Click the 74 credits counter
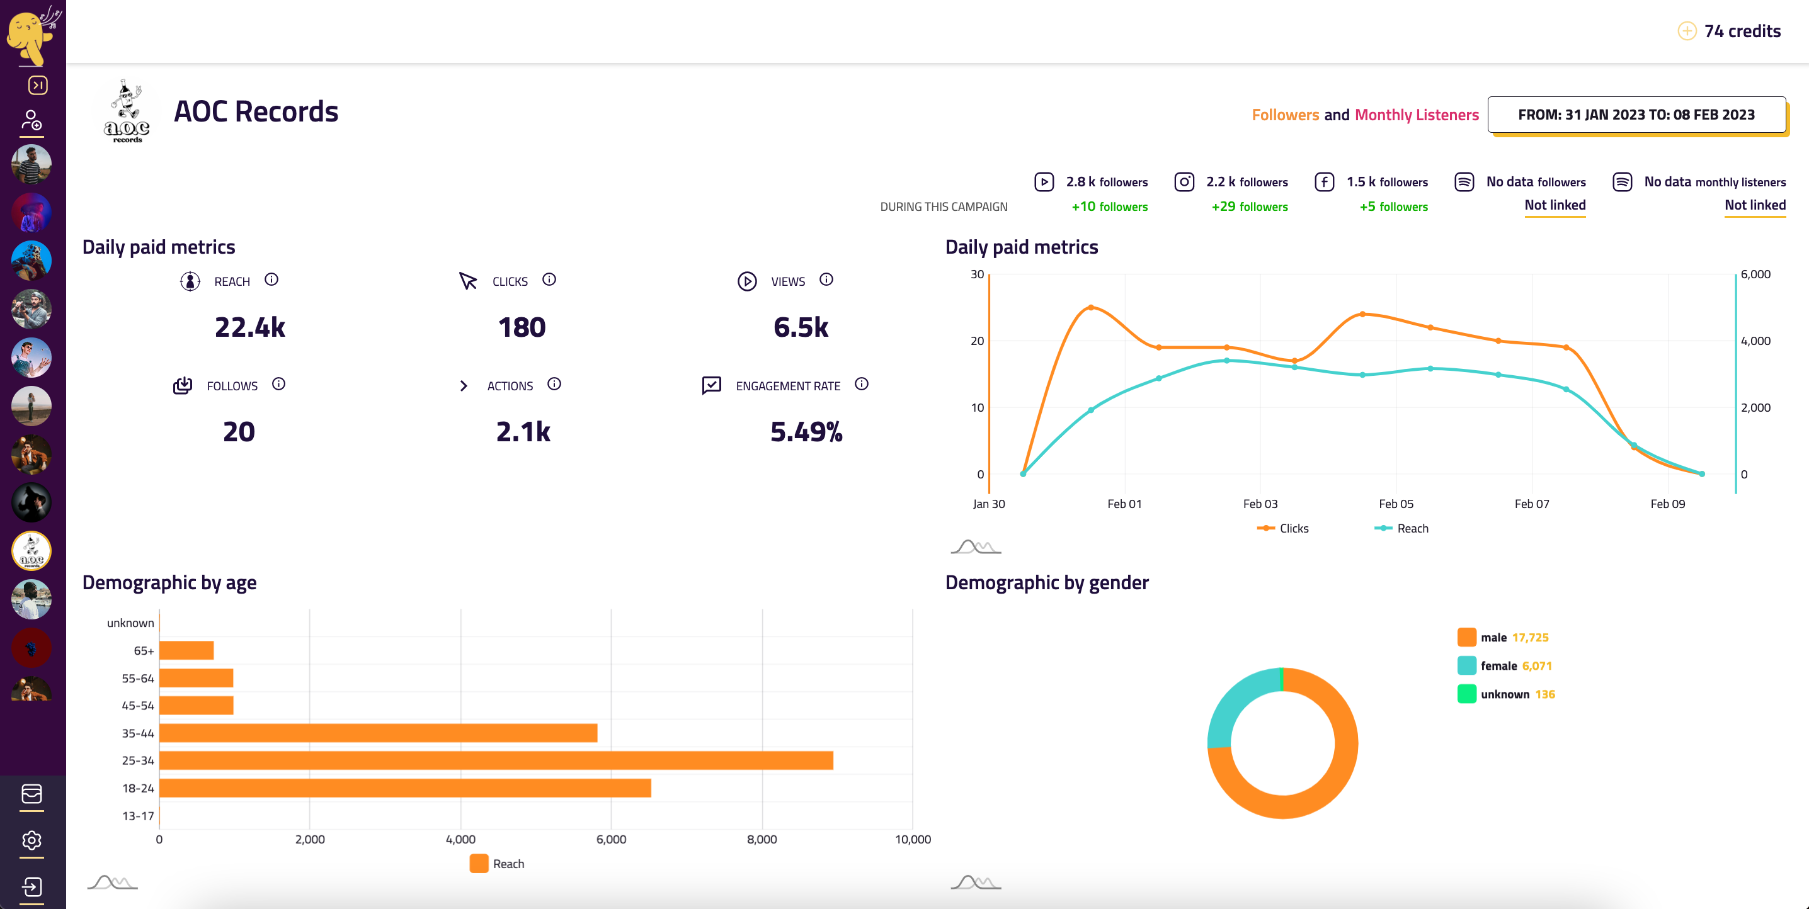click(1742, 31)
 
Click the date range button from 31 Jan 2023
click(1636, 115)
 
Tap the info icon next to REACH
click(271, 279)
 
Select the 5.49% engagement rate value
click(806, 432)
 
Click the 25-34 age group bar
click(496, 760)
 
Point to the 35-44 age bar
click(378, 733)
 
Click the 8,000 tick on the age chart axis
click(762, 838)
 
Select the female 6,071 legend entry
click(1515, 665)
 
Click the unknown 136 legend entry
click(1516, 694)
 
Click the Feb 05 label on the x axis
click(1395, 504)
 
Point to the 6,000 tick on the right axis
click(1755, 274)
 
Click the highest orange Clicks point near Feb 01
click(1090, 307)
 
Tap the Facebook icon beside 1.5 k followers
click(1324, 182)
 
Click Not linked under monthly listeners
click(1754, 205)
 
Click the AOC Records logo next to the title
click(127, 112)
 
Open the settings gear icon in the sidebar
click(31, 840)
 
